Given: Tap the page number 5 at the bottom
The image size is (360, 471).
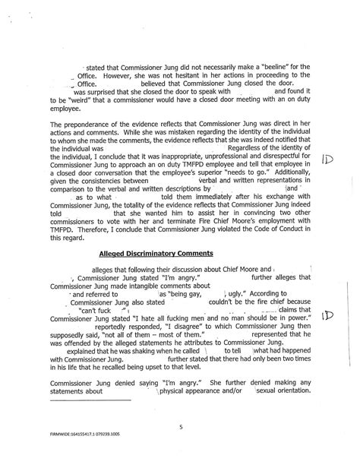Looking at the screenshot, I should pos(182,427).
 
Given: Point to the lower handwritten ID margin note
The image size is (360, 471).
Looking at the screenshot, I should pos(327,315).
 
